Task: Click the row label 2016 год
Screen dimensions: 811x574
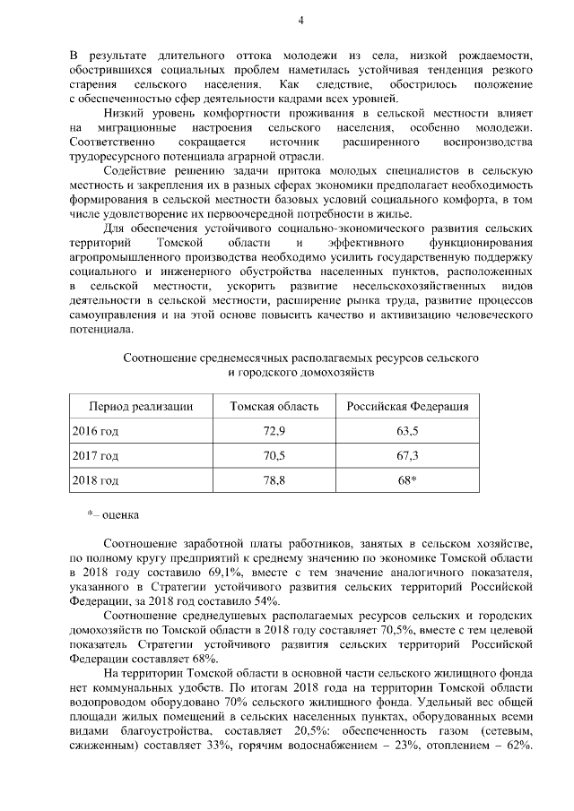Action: coord(95,431)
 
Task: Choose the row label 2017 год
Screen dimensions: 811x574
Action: coord(95,456)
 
